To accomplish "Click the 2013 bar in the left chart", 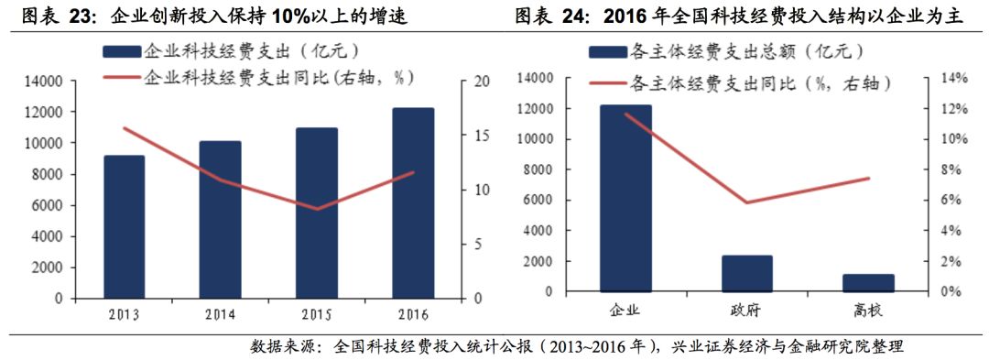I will click(x=124, y=227).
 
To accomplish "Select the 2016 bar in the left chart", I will click(x=412, y=203).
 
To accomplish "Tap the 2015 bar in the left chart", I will click(x=316, y=213).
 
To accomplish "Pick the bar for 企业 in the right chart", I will click(x=625, y=199).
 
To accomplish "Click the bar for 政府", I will click(x=746, y=274).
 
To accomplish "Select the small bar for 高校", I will click(x=867, y=283).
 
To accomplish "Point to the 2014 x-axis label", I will click(x=220, y=315).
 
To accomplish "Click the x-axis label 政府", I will click(x=746, y=311).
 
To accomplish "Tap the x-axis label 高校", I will click(x=868, y=311).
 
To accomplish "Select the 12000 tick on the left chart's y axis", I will click(x=43, y=113).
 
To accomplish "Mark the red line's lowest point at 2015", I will click(x=316, y=209).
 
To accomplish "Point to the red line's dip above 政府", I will click(x=746, y=202).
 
